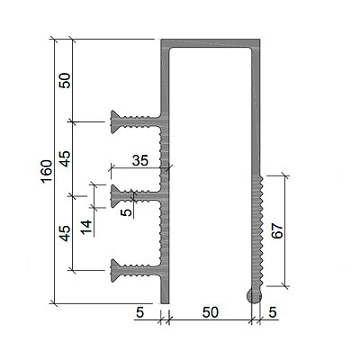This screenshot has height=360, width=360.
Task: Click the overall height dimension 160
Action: [x=47, y=171]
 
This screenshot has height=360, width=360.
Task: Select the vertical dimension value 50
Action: [x=65, y=80]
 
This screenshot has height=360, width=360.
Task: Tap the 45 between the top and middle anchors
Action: [x=65, y=158]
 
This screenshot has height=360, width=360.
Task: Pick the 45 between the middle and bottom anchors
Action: [x=65, y=233]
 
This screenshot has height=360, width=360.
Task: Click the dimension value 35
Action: [x=140, y=160]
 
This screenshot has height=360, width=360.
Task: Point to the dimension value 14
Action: [x=86, y=227]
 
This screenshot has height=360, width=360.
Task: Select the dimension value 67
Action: [x=278, y=230]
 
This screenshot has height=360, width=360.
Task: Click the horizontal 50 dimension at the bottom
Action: [x=211, y=312]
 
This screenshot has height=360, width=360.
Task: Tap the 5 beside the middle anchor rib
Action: [x=128, y=212]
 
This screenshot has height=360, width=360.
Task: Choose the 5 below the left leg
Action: [x=140, y=312]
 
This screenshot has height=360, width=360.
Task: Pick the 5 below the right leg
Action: [x=273, y=312]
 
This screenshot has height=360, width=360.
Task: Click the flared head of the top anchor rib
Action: [x=115, y=121]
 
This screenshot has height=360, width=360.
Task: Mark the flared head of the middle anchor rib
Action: [x=115, y=196]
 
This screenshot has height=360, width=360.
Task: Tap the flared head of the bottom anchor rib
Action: [x=115, y=271]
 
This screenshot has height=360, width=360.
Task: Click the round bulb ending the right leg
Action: [x=254, y=296]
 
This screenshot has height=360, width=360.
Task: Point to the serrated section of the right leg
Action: [x=257, y=231]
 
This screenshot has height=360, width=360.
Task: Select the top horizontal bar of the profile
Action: [x=210, y=43]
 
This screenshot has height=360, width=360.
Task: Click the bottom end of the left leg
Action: [x=165, y=303]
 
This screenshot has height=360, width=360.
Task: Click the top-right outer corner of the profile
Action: [x=260, y=39]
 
